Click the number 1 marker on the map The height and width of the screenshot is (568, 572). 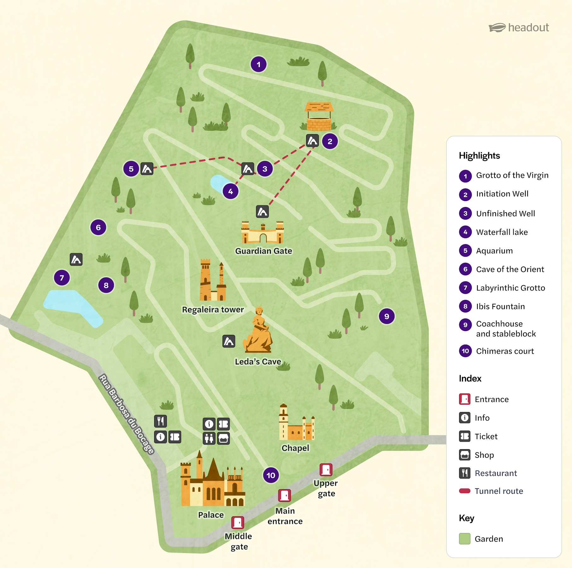[x=259, y=65]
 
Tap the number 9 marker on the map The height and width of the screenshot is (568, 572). [x=387, y=316]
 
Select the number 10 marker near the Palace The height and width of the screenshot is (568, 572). [x=271, y=475]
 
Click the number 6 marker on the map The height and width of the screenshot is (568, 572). [x=98, y=227]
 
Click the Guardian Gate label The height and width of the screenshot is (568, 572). [x=264, y=251]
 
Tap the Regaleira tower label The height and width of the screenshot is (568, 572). [x=213, y=310]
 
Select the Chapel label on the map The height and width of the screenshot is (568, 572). [x=295, y=448]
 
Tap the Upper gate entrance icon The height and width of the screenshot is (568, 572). [x=326, y=470]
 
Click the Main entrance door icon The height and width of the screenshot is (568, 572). [x=284, y=496]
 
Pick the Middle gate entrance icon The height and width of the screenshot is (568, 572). [x=237, y=523]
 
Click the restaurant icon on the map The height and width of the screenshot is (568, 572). [x=161, y=421]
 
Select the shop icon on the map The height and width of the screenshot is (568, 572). [x=223, y=438]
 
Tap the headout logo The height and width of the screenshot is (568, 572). [x=519, y=28]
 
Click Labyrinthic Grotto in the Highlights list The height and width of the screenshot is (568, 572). [x=510, y=288]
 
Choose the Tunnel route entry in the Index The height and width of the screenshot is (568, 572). [x=499, y=491]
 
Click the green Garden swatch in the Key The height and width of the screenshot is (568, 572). [x=464, y=539]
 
